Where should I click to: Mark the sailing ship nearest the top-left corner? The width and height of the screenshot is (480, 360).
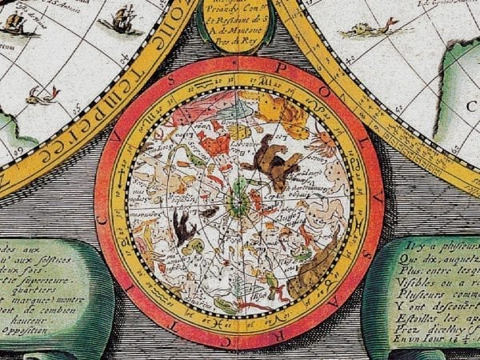[x=16, y=22]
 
